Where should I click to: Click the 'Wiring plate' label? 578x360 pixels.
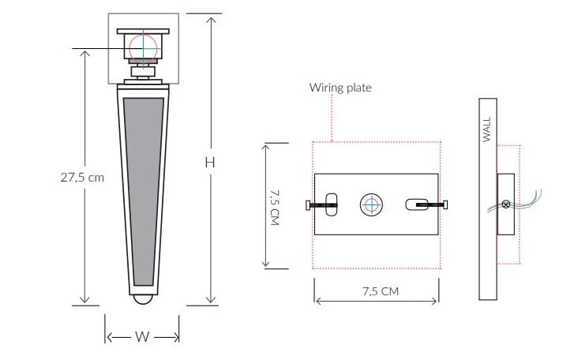click(340, 88)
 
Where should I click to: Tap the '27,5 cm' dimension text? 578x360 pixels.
click(82, 178)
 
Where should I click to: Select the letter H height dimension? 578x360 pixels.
click(210, 162)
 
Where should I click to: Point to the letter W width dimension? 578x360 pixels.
click(142, 336)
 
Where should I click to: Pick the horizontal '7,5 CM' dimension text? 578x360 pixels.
click(380, 291)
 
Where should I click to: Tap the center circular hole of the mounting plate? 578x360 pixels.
click(371, 205)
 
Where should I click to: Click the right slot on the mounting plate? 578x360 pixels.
click(415, 204)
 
